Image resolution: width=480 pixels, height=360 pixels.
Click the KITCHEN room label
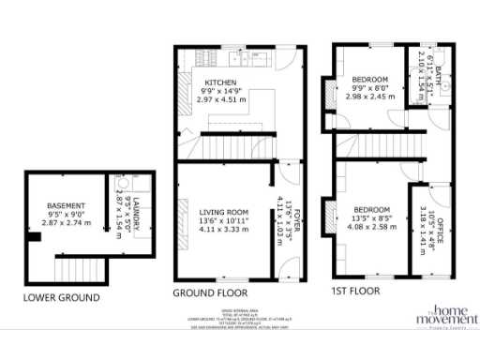(x=221, y=82)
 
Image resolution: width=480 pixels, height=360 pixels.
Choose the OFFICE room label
(x=428, y=210)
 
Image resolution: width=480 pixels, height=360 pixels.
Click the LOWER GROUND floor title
(x=61, y=298)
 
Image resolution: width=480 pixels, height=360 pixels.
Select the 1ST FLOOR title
(x=355, y=292)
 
